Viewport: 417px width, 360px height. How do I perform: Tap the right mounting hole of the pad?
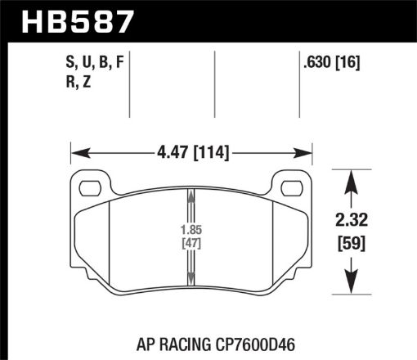click(x=290, y=188)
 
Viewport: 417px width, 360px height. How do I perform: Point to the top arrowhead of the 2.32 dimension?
click(x=352, y=176)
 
